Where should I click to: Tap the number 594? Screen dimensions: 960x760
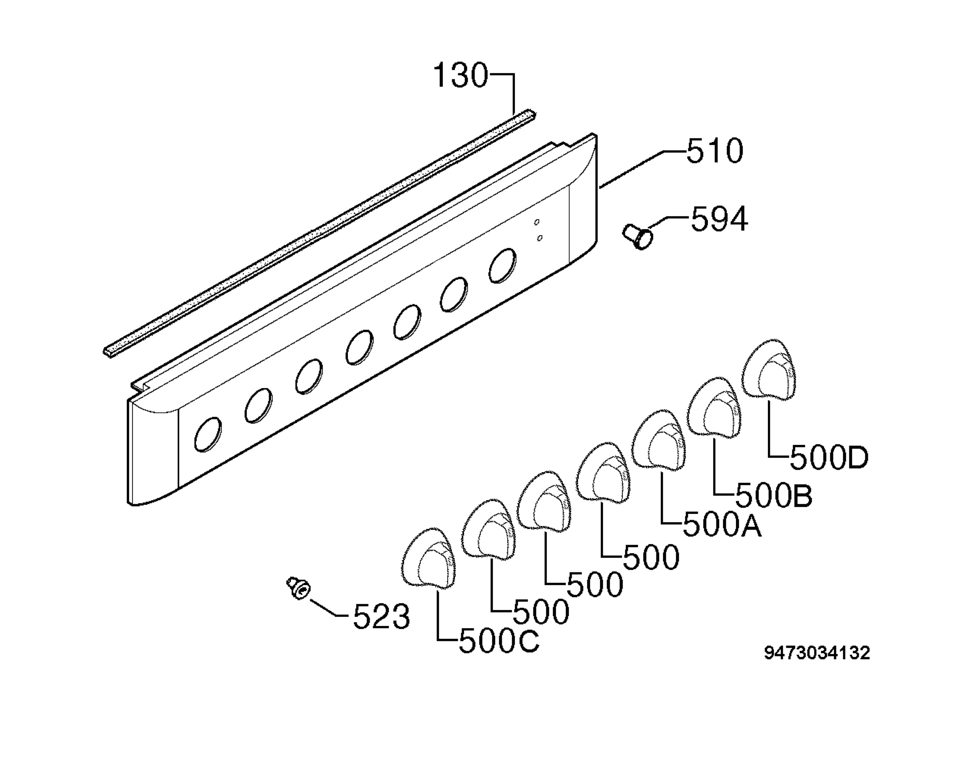coord(719,219)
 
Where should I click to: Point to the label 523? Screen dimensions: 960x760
coord(381,617)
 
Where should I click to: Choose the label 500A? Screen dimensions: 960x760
coord(722,526)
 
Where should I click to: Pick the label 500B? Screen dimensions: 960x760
coord(774,495)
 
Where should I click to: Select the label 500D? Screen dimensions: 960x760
coord(829,458)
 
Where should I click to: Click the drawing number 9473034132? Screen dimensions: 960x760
coord(817,653)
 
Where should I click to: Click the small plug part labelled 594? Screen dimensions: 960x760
coord(638,237)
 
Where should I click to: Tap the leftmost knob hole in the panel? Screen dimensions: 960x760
coord(208,434)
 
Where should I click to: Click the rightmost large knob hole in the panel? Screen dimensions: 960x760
coord(502,266)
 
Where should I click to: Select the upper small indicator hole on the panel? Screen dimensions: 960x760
coord(537,222)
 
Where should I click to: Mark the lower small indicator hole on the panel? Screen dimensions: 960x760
coord(540,238)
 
